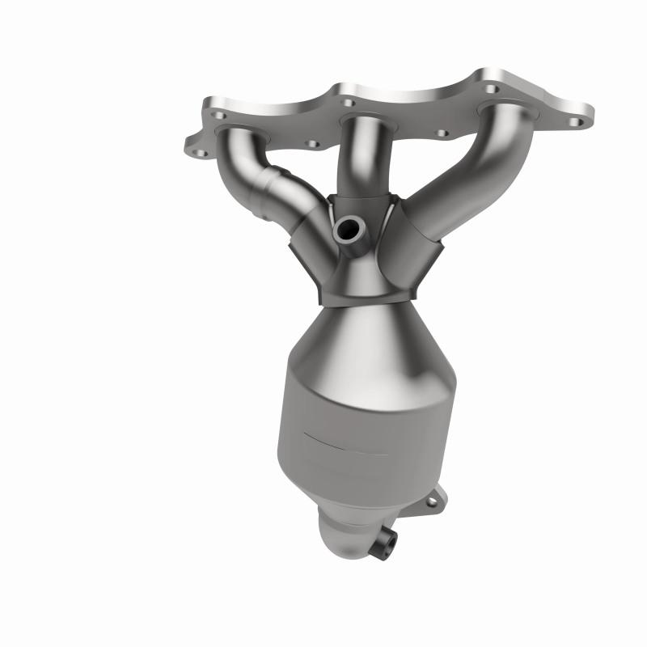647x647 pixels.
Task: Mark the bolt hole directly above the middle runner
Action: (348, 104)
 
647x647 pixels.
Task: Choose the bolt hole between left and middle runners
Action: (312, 144)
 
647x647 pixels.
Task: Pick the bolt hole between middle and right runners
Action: (442, 133)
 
